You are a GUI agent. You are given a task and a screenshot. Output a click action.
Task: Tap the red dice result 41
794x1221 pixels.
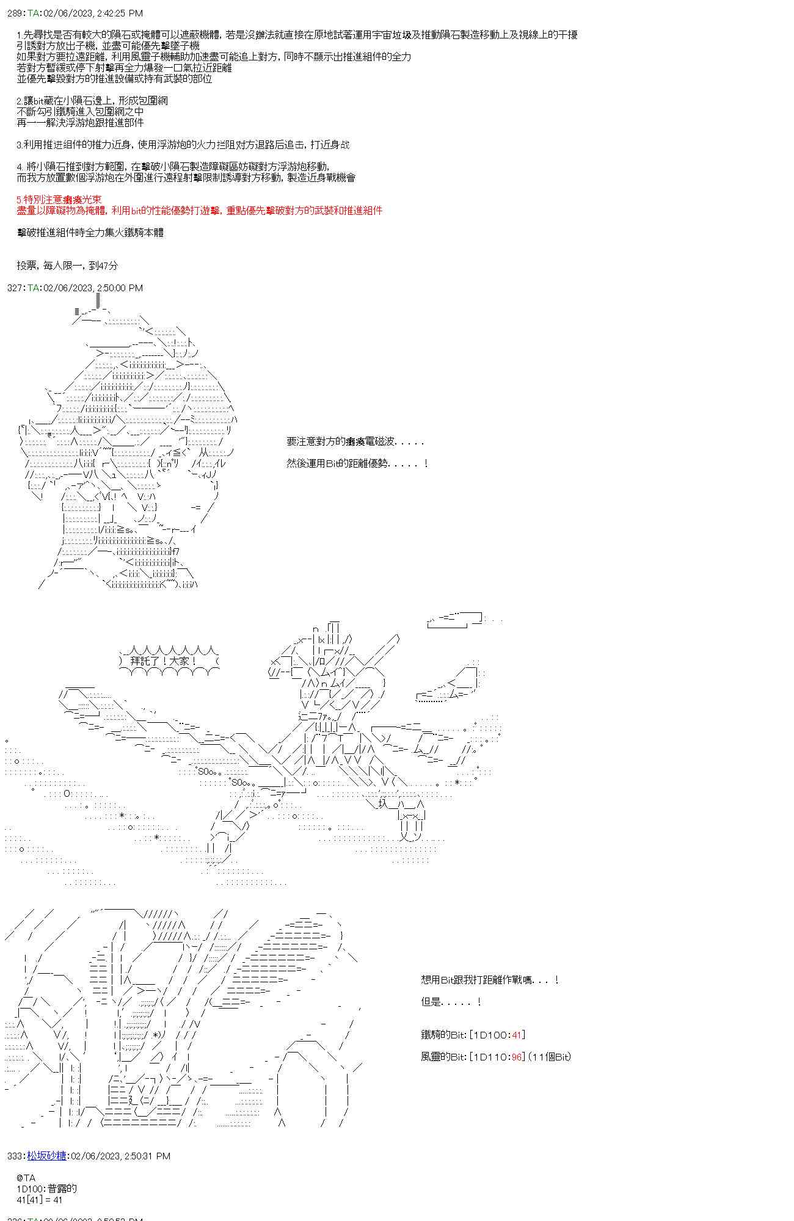coord(517,1035)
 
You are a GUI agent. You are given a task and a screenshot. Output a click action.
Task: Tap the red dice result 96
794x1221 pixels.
coord(517,1057)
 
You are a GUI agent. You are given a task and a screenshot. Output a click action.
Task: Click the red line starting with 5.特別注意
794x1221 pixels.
coord(59,200)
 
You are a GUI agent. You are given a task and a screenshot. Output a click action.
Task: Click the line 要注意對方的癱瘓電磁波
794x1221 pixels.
coord(354,441)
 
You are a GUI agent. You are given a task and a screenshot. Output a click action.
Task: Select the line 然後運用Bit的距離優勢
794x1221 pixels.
coord(357,463)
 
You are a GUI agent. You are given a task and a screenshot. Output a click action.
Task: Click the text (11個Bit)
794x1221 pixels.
coord(550,1057)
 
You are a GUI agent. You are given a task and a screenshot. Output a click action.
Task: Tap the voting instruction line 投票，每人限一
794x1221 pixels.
coord(67,266)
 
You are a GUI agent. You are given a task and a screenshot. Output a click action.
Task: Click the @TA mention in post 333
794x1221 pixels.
coord(26,1178)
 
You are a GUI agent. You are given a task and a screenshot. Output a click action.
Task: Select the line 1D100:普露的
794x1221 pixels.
coord(47,1189)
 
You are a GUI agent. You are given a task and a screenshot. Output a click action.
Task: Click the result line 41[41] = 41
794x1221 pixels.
coord(40,1200)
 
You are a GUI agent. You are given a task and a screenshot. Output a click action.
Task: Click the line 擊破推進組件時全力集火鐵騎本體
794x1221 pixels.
coord(90,233)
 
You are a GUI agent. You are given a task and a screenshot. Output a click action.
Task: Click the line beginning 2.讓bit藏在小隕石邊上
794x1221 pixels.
coord(92,101)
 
